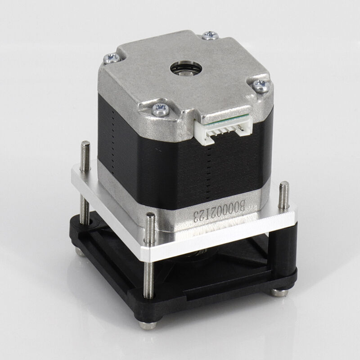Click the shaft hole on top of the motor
click(186, 68)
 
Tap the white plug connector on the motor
click(224, 131)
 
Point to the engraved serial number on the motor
click(220, 211)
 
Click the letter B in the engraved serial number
click(241, 205)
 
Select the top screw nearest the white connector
click(161, 109)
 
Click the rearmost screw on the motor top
click(210, 35)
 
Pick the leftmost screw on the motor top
click(112, 58)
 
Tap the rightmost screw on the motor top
click(261, 85)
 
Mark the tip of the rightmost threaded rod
click(284, 183)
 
